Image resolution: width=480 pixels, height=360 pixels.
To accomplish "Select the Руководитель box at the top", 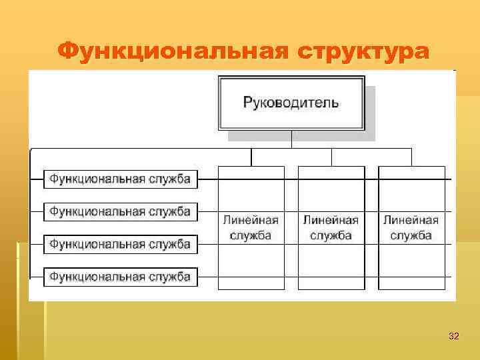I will point(291,103).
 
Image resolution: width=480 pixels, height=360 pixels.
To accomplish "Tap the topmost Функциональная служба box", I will point(121,179).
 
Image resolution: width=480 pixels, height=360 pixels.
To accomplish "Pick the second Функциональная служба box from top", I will point(121,211).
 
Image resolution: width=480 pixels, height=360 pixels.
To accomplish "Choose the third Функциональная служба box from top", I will point(121,244).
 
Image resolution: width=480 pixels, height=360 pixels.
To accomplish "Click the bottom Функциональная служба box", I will point(121,276).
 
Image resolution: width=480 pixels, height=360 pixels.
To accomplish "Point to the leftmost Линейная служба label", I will point(251,227).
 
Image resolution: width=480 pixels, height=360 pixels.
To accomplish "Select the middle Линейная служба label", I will point(331,227).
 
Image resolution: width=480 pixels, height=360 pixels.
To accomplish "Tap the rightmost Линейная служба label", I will point(411,227).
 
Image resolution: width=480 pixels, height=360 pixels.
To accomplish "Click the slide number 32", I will point(453,336).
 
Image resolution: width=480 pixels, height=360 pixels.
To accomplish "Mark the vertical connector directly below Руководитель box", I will point(291,139).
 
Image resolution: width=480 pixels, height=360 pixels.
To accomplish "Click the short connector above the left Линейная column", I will point(251,157).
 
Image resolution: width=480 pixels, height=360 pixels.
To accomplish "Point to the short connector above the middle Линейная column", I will point(331,157).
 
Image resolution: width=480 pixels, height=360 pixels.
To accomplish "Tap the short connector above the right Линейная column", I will point(411,157).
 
